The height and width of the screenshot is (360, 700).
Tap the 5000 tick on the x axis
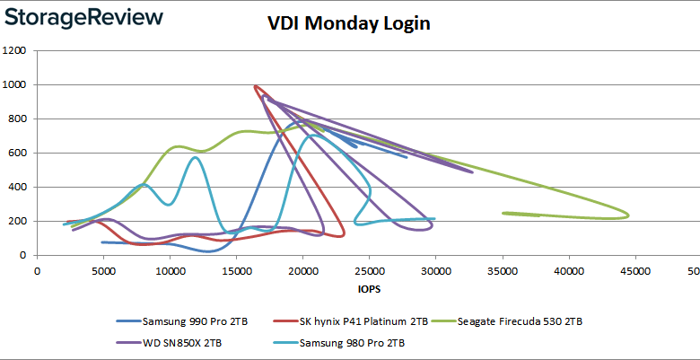coord(103,268)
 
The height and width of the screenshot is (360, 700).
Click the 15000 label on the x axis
coord(236,268)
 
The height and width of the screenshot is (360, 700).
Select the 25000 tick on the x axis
coord(369,268)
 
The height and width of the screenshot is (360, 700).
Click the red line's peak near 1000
coord(256,86)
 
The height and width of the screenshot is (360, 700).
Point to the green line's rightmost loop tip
coord(628,215)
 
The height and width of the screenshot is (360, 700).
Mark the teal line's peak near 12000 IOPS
coord(196,158)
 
